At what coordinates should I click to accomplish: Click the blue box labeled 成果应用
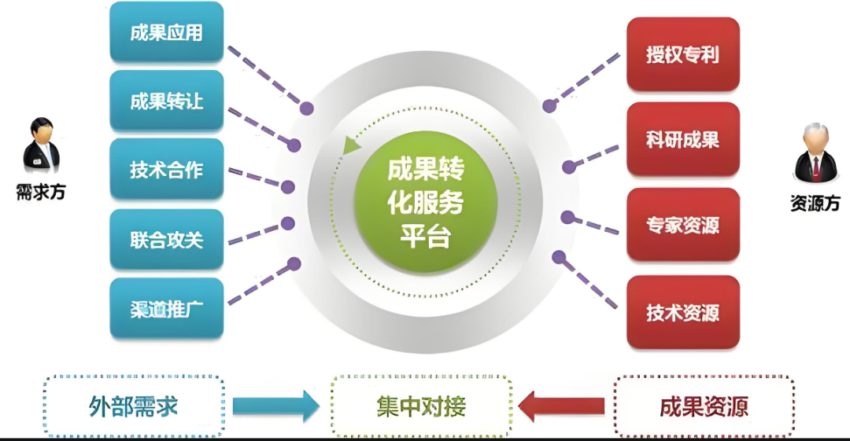167,33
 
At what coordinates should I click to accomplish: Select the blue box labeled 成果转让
167,101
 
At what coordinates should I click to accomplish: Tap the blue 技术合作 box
167,170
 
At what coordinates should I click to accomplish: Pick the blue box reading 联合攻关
167,239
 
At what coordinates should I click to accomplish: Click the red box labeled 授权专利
682,55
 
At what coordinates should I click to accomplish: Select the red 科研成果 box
682,140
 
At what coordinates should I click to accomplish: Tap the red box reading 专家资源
682,225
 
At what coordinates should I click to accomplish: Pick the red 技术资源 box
682,312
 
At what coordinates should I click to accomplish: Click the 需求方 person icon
41,145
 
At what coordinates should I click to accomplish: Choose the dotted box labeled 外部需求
134,406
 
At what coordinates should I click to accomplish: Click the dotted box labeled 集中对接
421,406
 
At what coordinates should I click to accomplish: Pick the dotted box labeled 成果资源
704,406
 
